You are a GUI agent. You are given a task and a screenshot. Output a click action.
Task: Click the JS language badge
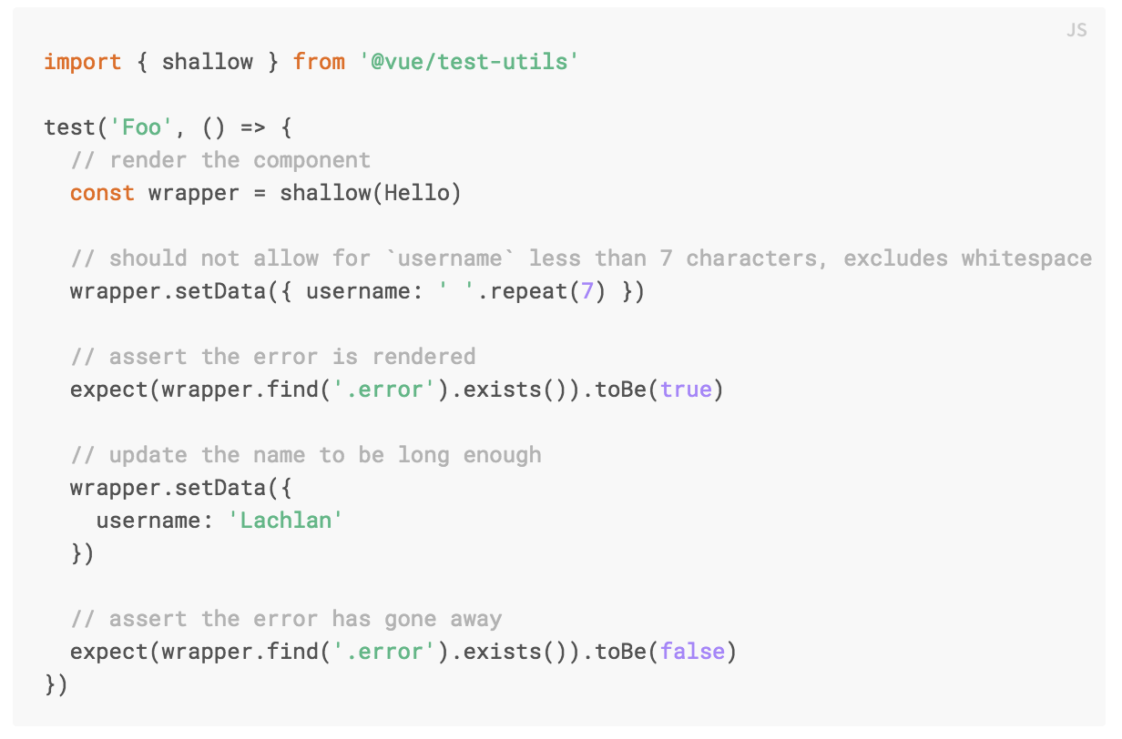pyautogui.click(x=1076, y=31)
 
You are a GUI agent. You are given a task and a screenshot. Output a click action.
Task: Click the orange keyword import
pyautogui.click(x=83, y=62)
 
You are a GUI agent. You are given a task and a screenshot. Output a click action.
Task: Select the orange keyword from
pyautogui.click(x=319, y=62)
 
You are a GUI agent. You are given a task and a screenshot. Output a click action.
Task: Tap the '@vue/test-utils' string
pyautogui.click(x=470, y=62)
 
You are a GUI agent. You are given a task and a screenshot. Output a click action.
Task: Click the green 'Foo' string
pyautogui.click(x=141, y=127)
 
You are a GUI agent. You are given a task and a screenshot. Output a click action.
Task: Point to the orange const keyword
pyautogui.click(x=102, y=193)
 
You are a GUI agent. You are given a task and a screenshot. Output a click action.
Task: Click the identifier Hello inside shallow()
pyautogui.click(x=417, y=193)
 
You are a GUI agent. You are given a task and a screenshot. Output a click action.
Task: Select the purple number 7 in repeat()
pyautogui.click(x=587, y=291)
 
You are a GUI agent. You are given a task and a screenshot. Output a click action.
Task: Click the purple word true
pyautogui.click(x=687, y=390)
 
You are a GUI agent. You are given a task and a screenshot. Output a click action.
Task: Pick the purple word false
pyautogui.click(x=693, y=652)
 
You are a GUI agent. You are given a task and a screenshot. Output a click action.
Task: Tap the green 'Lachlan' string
pyautogui.click(x=286, y=521)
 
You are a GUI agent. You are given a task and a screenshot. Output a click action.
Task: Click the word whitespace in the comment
pyautogui.click(x=1026, y=258)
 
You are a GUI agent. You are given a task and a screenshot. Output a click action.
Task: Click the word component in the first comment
pyautogui.click(x=312, y=160)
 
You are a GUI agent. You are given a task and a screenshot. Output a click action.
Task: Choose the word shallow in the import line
pyautogui.click(x=208, y=62)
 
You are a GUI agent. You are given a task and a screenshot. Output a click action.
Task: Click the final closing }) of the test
pyautogui.click(x=56, y=684)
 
